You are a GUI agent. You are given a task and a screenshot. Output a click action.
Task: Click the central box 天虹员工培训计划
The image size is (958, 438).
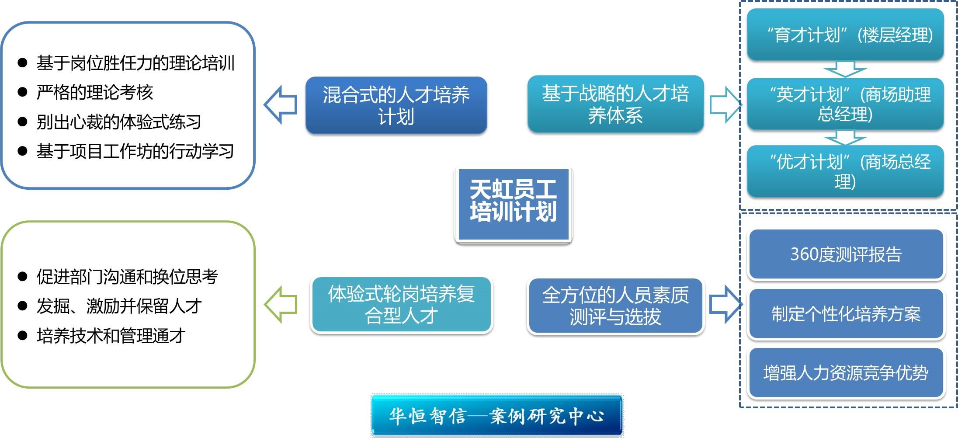tap(513, 205)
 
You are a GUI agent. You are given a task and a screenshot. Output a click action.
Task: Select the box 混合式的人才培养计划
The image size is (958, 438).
tap(396, 105)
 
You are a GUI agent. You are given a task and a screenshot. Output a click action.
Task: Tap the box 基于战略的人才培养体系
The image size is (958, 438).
tap(615, 104)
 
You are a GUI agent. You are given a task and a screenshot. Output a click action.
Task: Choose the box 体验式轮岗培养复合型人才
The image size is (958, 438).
tap(401, 305)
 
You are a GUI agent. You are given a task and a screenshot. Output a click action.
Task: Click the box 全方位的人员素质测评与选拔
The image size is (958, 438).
tap(615, 306)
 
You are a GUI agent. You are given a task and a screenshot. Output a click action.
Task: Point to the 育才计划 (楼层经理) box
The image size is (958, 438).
tap(845, 35)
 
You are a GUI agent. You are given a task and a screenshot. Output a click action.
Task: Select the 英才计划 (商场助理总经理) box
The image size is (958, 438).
tap(845, 104)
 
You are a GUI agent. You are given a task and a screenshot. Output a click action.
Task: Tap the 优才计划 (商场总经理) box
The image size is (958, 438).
tap(845, 171)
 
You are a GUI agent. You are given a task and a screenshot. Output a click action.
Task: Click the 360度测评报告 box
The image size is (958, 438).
tap(846, 254)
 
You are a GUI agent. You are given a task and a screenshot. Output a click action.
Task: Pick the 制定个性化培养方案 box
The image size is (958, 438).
tap(846, 313)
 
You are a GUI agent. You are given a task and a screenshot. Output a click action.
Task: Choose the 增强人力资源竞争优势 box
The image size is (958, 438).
tap(846, 373)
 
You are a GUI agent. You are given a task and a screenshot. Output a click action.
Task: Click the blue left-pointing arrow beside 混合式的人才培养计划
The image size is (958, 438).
tap(281, 104)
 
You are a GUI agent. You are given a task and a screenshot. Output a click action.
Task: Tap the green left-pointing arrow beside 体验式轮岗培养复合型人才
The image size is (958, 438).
tap(281, 305)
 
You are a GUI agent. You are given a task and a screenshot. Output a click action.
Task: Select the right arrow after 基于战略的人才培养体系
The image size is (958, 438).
tap(726, 104)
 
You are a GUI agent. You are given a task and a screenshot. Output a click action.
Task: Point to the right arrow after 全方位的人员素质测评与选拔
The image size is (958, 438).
tap(726, 305)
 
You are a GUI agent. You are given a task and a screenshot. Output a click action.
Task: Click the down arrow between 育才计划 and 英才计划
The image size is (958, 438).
tap(845, 69)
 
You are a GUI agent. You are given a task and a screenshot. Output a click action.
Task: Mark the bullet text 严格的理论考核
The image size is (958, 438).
tap(95, 92)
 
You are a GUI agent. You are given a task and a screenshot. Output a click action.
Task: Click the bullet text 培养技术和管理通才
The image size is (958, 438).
tap(111, 336)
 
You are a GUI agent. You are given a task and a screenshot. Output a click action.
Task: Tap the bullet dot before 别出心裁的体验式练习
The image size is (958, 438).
tap(22, 122)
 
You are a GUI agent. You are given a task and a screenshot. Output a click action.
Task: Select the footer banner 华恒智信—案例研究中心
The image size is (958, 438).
tap(497, 415)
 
